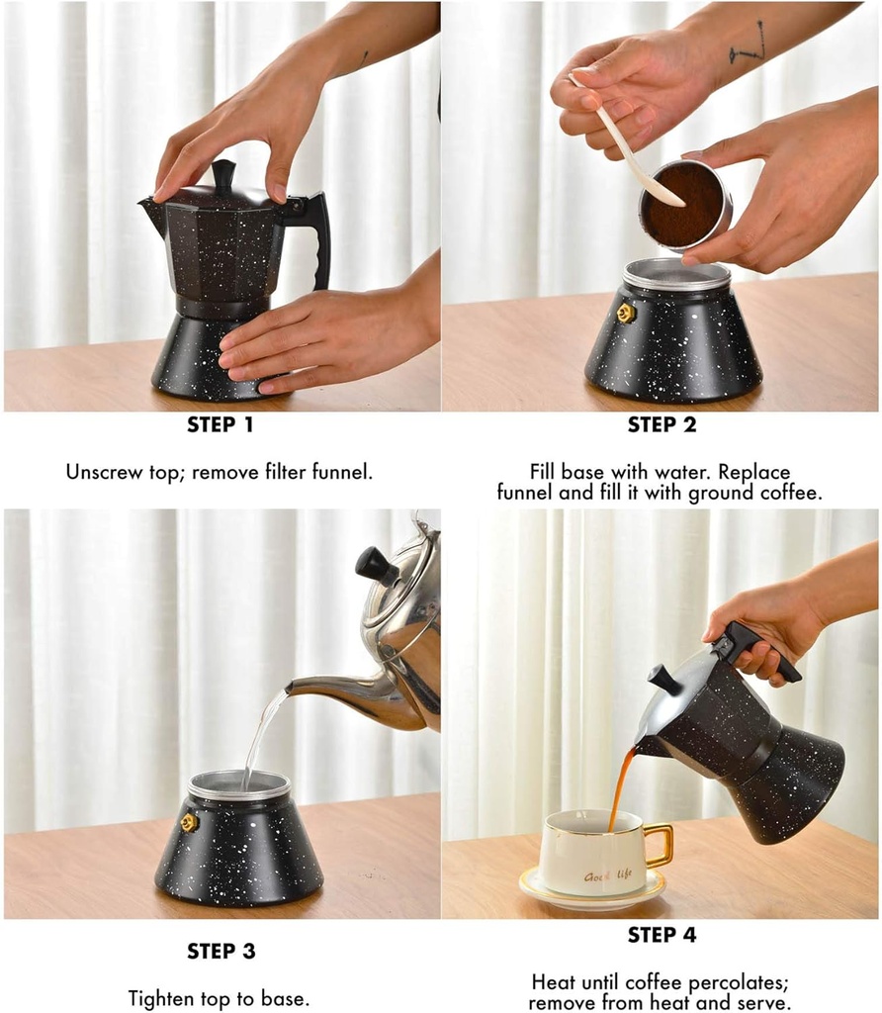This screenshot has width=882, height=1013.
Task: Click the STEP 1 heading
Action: click(x=220, y=424)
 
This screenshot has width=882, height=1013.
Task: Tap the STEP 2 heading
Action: click(x=661, y=424)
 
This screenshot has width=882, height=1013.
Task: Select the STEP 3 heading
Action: click(x=220, y=951)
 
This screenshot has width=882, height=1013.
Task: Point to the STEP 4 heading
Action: click(x=661, y=935)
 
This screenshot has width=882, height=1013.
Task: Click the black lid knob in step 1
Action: click(x=223, y=174)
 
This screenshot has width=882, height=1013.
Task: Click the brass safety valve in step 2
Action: click(x=625, y=314)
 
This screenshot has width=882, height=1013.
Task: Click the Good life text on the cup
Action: click(x=607, y=875)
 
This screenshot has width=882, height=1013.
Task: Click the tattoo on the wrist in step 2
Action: click(x=748, y=43)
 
